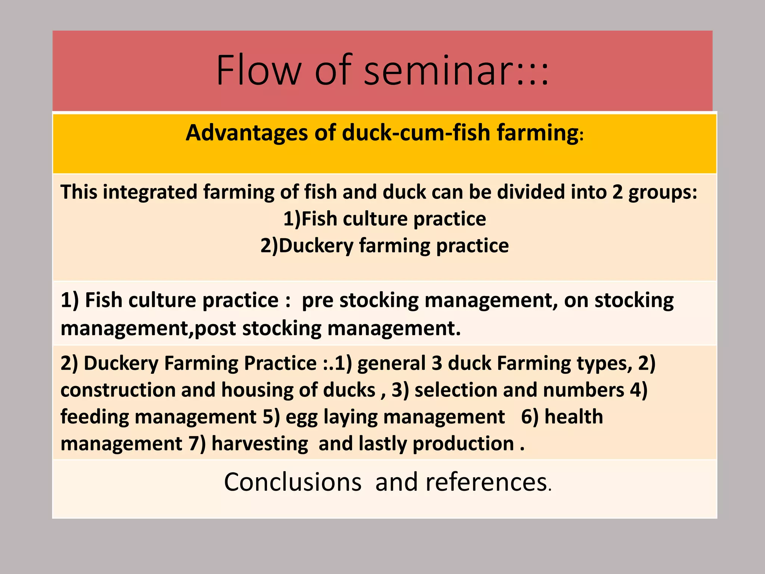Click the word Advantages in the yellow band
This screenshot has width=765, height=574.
pyautogui.click(x=247, y=133)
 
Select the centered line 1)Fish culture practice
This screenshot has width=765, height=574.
pyautogui.click(x=384, y=219)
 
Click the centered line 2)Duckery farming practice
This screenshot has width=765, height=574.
pyautogui.click(x=384, y=246)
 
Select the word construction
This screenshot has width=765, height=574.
pyautogui.click(x=118, y=390)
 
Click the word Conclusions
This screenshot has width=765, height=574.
pyautogui.click(x=292, y=482)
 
